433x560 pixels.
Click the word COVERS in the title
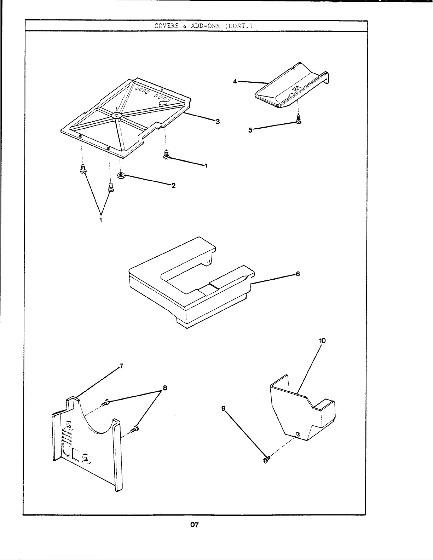(164, 26)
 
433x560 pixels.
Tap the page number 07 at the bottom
(194, 525)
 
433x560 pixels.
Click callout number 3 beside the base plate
(218, 122)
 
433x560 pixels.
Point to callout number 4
(235, 81)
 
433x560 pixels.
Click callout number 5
(250, 130)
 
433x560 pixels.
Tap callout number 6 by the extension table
(298, 274)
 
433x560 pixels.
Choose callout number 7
(121, 366)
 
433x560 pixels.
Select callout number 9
(223, 408)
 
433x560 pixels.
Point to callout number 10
(322, 341)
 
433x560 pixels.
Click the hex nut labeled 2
(121, 175)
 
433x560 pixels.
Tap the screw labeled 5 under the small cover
(298, 120)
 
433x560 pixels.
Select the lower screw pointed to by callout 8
(134, 429)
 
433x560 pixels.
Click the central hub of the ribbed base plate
(116, 115)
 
